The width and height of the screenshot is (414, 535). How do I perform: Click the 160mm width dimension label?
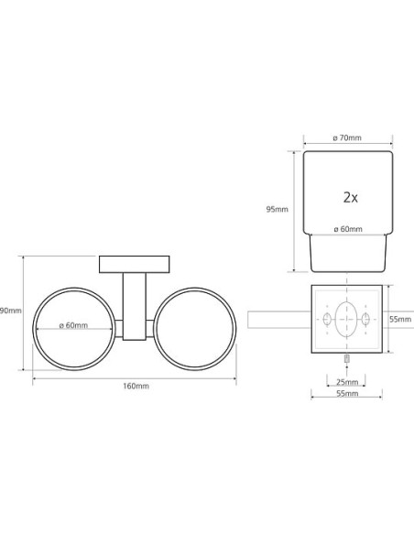(136, 386)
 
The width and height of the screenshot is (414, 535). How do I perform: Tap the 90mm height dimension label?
(11, 311)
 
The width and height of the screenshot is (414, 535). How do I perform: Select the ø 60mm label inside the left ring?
(73, 325)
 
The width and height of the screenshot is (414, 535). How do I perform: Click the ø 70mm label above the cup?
(347, 137)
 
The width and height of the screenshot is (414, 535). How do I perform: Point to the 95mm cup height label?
(277, 209)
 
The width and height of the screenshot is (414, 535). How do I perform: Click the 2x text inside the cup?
(351, 198)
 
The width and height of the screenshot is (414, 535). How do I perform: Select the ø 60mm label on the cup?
(348, 229)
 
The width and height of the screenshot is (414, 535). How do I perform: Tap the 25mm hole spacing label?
(347, 382)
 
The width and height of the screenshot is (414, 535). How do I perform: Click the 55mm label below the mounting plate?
(347, 393)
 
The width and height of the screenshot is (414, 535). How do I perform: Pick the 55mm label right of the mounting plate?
(400, 320)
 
